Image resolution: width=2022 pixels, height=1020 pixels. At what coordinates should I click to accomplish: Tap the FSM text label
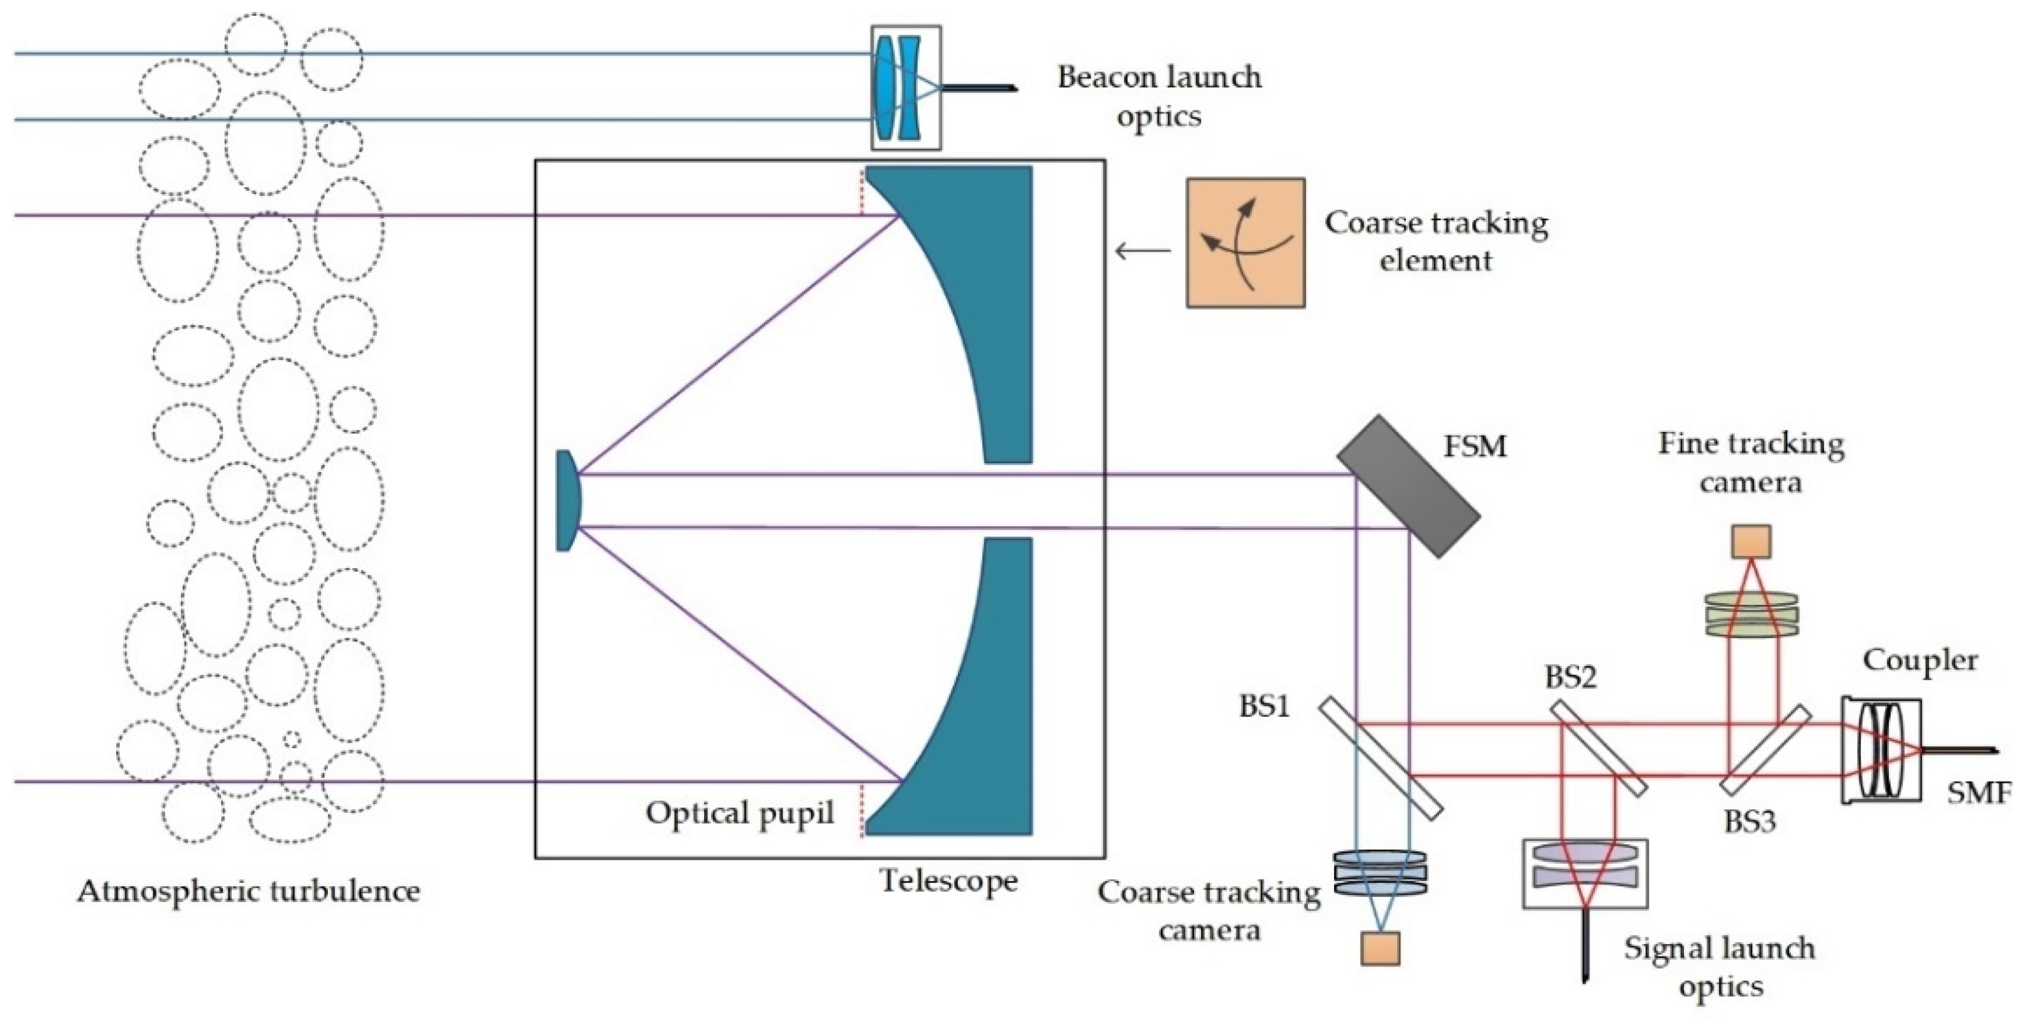pos(1476,446)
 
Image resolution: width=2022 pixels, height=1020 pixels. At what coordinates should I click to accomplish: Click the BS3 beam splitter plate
pos(1765,749)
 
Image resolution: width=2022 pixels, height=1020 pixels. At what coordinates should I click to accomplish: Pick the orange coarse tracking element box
pos(1245,242)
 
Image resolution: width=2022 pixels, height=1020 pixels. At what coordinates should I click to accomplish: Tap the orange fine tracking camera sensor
pos(1751,541)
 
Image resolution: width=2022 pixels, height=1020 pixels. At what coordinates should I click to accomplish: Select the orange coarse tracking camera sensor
pos(1381,947)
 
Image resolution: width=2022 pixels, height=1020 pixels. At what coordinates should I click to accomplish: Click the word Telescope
pos(948,881)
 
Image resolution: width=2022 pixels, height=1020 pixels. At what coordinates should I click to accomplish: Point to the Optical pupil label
pos(739,813)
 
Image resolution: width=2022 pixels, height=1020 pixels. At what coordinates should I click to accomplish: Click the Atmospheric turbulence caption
pos(248,891)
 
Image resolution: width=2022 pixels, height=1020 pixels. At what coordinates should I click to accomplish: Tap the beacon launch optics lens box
pos(906,87)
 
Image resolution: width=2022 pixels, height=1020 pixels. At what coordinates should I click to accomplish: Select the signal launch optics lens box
pos(1585,873)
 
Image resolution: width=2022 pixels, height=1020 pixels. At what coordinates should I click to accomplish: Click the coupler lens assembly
pos(1881,749)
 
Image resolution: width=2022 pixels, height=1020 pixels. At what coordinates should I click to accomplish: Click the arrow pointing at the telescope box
pos(1142,251)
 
